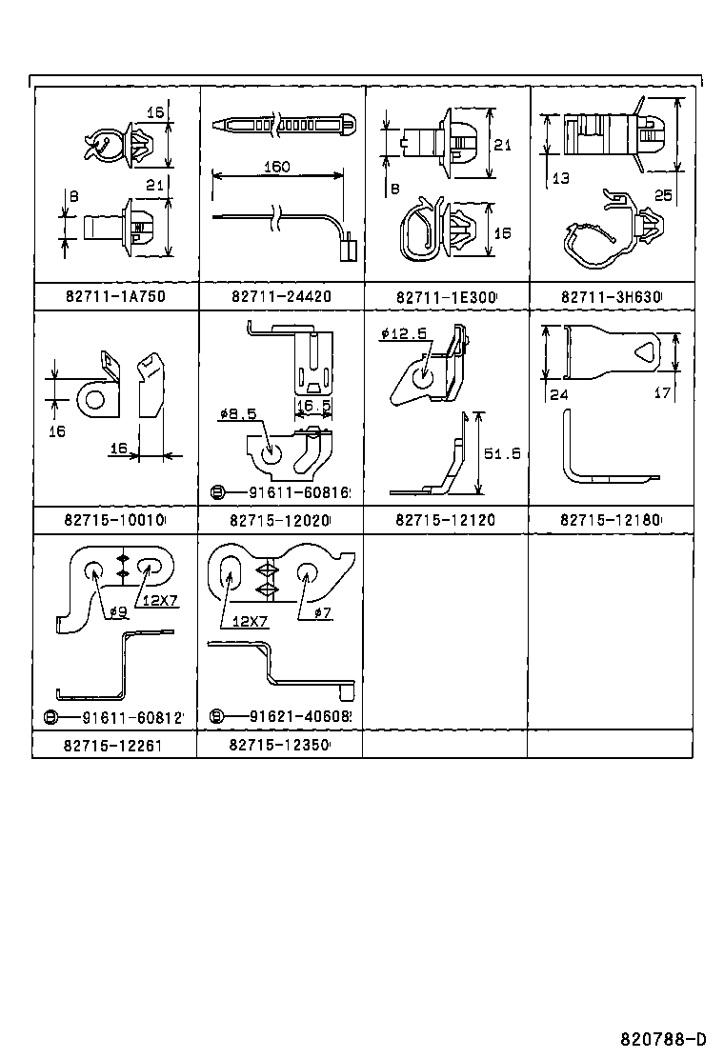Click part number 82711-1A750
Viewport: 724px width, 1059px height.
(115, 296)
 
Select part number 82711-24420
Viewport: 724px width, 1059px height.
(280, 296)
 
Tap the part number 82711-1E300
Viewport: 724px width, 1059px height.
(445, 296)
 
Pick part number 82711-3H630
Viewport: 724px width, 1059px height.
(611, 296)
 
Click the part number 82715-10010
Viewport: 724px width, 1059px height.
(115, 520)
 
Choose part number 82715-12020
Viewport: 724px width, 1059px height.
(280, 520)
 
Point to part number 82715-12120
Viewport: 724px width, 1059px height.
(445, 520)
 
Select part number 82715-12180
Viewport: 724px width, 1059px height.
(611, 520)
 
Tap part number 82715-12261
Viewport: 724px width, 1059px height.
(113, 745)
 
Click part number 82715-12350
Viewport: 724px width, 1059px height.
(279, 745)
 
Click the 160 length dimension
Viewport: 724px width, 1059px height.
(275, 167)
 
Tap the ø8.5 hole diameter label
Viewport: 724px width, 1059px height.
(236, 413)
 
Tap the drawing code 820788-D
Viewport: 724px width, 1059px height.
(663, 1038)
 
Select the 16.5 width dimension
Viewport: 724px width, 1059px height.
(312, 405)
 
